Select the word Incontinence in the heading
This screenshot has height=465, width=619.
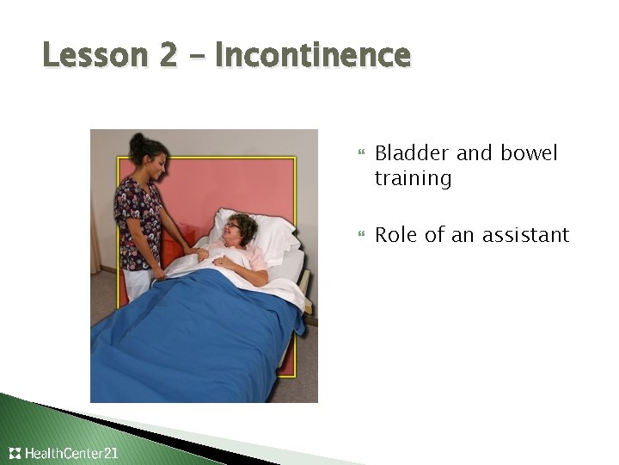pos(313,56)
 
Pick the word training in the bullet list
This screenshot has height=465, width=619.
pos(413,179)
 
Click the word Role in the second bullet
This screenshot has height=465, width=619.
pos(395,234)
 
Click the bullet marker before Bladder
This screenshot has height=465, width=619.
pos(360,154)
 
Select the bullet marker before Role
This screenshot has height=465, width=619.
pos(360,235)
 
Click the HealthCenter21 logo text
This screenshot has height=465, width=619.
pos(72,453)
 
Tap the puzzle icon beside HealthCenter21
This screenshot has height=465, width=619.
pos(15,453)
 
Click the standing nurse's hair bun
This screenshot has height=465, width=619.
pos(138,139)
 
